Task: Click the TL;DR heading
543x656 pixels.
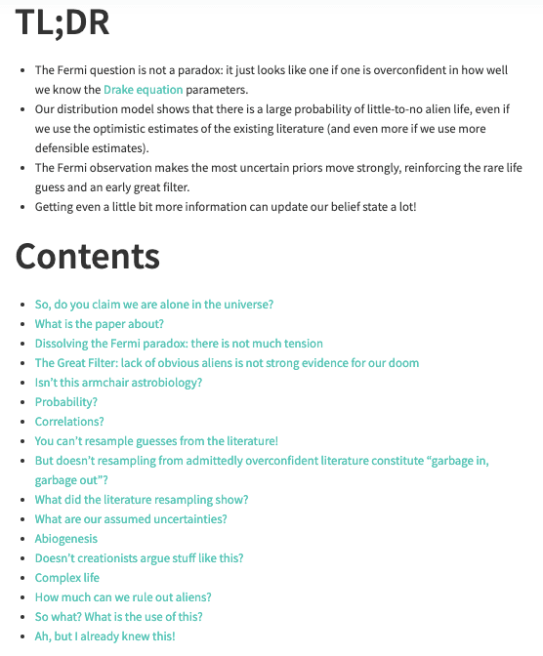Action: coord(63,21)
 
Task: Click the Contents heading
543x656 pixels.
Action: coord(88,255)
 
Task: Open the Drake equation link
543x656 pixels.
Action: coord(143,90)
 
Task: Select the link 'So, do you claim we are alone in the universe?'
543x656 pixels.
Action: coord(154,305)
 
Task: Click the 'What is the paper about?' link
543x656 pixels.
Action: coord(99,324)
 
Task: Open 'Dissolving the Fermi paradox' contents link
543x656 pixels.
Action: coord(179,344)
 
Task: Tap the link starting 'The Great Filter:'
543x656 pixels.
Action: coord(227,363)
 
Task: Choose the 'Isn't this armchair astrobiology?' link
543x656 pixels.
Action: coord(118,383)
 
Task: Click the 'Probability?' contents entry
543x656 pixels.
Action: coord(66,402)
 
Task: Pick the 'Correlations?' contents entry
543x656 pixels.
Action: coord(69,422)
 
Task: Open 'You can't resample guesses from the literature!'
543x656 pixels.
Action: coord(156,441)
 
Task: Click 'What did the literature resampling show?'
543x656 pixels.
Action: coord(142,500)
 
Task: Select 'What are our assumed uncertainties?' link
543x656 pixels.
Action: coord(131,519)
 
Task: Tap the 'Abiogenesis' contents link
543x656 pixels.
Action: coord(66,539)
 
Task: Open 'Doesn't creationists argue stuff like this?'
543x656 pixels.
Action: coord(140,558)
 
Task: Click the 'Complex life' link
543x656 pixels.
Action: coord(67,578)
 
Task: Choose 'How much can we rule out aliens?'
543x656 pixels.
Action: coord(123,597)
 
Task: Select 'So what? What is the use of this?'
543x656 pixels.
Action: coord(119,617)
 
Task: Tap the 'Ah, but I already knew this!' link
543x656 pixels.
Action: coord(105,636)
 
